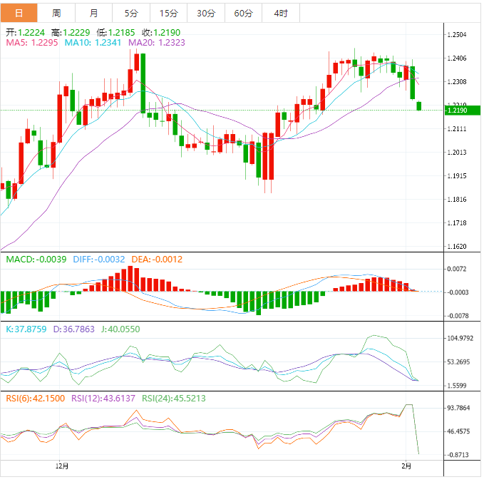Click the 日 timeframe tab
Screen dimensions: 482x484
19,13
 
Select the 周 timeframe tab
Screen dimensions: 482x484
56,13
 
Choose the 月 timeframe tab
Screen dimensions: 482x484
94,13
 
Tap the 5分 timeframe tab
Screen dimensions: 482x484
131,13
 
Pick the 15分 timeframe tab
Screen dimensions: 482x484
169,13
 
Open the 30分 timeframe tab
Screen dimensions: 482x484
206,13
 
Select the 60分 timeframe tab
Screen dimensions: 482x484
243,13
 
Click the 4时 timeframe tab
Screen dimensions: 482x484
280,13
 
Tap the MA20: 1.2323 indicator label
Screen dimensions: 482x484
156,43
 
